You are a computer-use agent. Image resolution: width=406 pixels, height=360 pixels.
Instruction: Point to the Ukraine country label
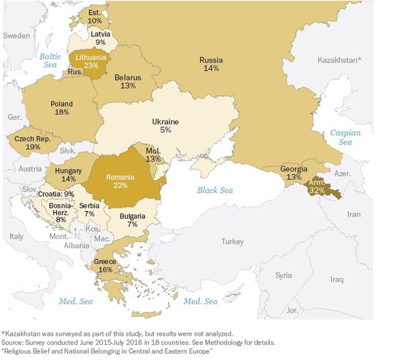(165, 122)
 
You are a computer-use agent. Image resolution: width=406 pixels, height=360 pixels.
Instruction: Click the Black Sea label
(214, 190)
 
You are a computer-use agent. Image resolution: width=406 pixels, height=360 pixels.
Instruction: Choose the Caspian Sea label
(345, 137)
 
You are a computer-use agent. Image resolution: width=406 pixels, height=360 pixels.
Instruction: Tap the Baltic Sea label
(50, 61)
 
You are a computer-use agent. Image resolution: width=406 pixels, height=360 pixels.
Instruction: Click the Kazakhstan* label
(339, 61)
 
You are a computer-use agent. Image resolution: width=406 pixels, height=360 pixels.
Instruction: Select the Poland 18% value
(61, 113)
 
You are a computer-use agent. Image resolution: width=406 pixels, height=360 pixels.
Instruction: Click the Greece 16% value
(104, 270)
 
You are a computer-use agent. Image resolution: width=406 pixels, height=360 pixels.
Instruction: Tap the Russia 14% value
(210, 69)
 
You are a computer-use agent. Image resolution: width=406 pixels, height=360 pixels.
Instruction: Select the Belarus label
(128, 77)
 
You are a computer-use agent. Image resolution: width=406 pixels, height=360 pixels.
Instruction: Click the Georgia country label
(293, 169)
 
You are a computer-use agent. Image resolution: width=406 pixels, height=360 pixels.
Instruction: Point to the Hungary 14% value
(68, 179)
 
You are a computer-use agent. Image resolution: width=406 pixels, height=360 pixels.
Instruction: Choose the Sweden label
(16, 36)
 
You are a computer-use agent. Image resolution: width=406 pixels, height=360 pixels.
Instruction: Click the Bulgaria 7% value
(132, 225)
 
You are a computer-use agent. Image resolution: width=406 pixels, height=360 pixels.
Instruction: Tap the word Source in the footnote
(13, 343)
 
